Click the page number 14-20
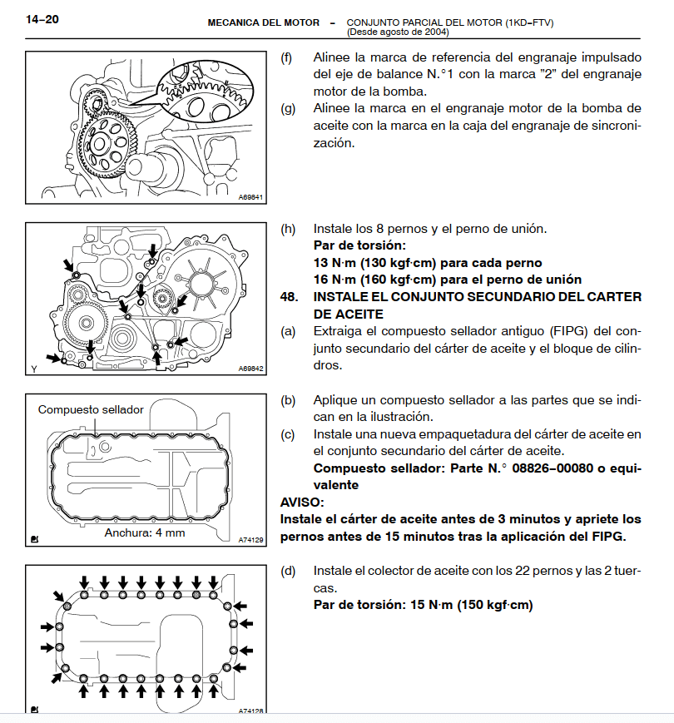(x=42, y=20)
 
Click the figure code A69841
(x=250, y=198)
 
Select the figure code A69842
(x=250, y=369)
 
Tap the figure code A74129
(x=250, y=540)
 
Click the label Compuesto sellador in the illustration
(x=91, y=409)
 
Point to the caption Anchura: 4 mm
(x=145, y=532)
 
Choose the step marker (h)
(x=288, y=229)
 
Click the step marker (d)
(x=288, y=571)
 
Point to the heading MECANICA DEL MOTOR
(x=263, y=22)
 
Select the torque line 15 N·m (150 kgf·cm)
(x=471, y=605)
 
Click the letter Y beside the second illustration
(x=33, y=368)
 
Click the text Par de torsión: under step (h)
(x=359, y=245)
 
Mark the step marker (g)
(x=288, y=108)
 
